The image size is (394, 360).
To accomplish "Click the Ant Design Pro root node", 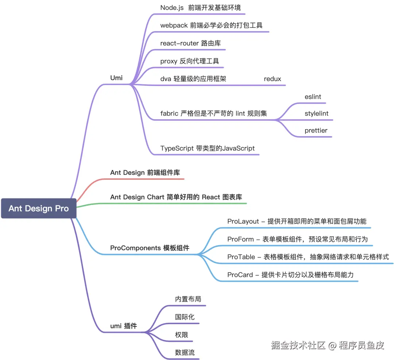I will point(39,209).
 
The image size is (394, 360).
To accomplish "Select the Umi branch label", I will point(116,78).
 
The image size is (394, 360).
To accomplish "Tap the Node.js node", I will point(200,8).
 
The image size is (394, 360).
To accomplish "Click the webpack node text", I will point(211,25).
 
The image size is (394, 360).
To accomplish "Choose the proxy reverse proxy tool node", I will point(189,61).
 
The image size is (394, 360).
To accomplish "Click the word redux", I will point(273,79).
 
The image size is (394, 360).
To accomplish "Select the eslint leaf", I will point(313,97).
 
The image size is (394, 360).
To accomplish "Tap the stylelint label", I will point(316,113).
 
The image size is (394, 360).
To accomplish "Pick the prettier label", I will point(316,131).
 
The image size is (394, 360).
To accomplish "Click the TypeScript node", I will point(207,148).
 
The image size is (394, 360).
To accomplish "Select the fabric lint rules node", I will point(213,113).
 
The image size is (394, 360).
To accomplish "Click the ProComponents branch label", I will point(150,248).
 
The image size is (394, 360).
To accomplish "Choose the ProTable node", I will point(308,257).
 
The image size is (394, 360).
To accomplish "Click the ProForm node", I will point(297,239).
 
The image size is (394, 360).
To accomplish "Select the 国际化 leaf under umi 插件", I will point(185,317).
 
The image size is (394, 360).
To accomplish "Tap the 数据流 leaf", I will point(185,353).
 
